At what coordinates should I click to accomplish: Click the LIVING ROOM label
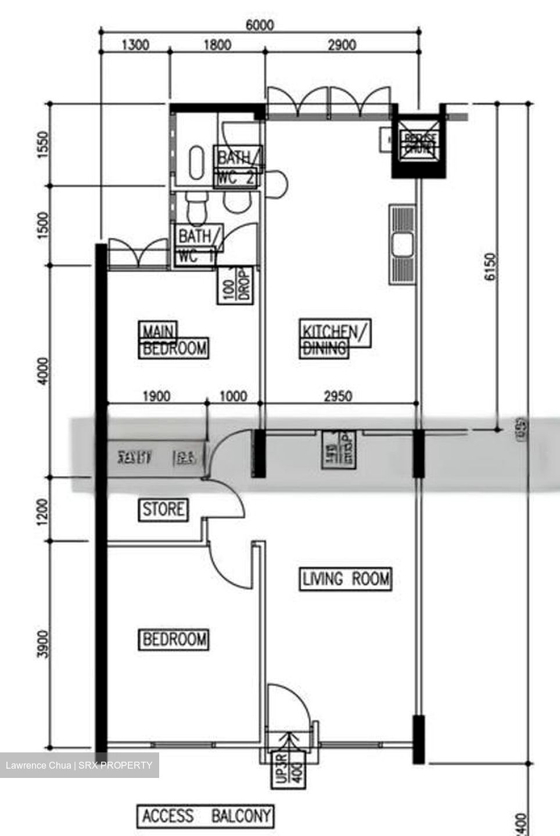346,579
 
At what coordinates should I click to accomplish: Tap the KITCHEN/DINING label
335,338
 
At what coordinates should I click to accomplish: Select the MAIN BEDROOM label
173,340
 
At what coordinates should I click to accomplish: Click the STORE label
163,510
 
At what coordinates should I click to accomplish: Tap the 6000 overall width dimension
259,25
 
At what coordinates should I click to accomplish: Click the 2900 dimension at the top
342,45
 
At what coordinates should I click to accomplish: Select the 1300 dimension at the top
135,45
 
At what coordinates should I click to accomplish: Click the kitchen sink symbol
402,244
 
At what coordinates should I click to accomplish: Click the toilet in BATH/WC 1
196,208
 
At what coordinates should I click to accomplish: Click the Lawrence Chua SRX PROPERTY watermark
79,765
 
